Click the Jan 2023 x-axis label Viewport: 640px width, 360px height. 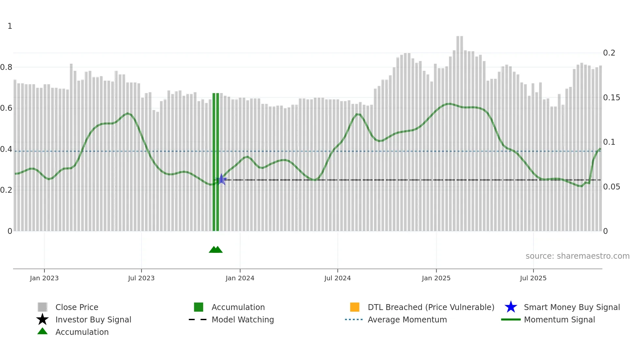click(44, 278)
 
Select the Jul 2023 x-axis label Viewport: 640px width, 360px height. click(141, 278)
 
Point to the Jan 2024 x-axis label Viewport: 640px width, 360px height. click(240, 278)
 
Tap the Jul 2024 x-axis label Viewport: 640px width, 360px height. click(337, 278)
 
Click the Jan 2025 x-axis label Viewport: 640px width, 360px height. click(436, 278)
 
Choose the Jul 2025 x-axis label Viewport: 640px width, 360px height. click(533, 278)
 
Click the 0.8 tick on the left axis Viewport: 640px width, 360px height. click(6, 67)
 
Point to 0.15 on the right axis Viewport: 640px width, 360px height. click(611, 98)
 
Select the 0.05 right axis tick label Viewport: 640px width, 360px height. click(611, 187)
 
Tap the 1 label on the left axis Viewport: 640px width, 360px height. click(10, 26)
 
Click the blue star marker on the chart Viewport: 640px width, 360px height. click(221, 179)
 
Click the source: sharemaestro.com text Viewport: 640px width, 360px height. click(577, 256)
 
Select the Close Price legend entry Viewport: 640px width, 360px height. click(77, 307)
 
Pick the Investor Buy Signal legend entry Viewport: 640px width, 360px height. click(93, 319)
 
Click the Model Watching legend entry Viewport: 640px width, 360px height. click(243, 319)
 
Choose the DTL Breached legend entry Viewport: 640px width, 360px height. click(431, 307)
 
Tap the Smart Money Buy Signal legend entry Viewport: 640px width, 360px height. click(571, 307)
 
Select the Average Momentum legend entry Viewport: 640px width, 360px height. click(407, 319)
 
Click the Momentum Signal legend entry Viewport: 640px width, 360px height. click(559, 319)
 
